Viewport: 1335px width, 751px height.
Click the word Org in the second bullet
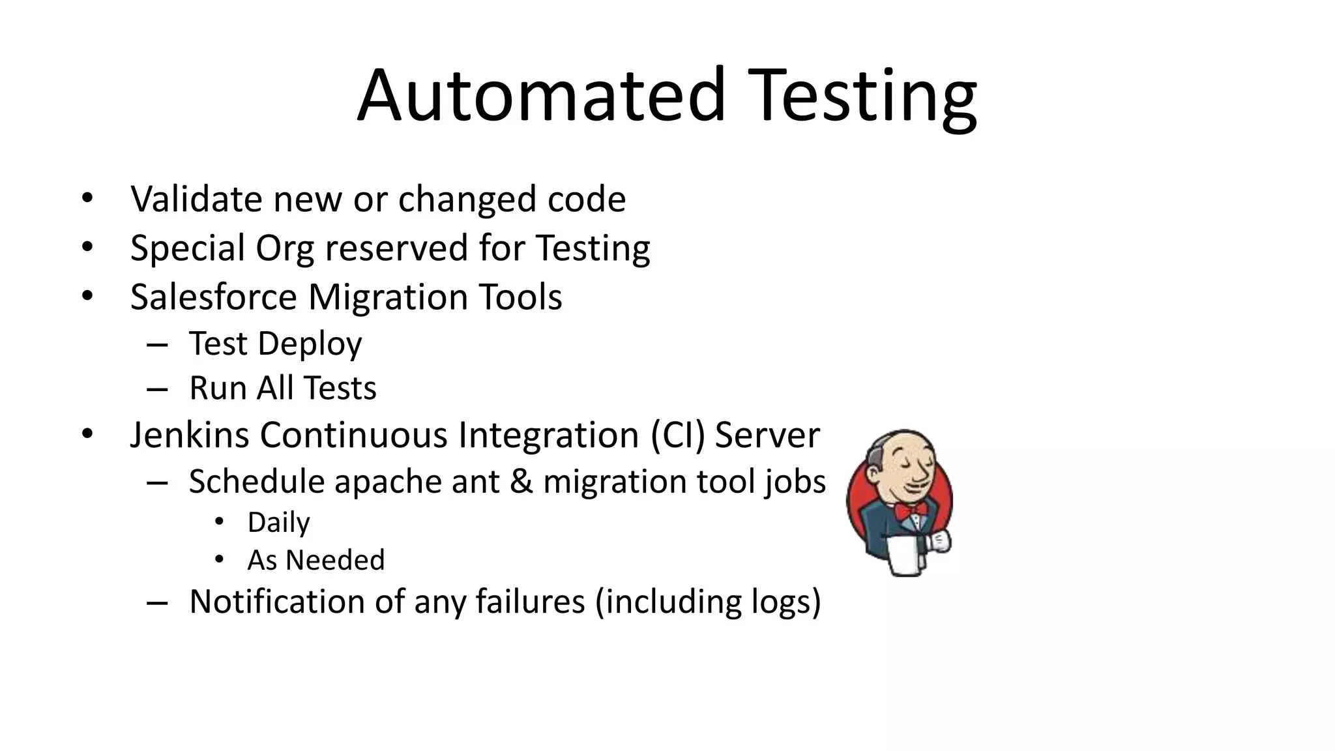tap(284, 249)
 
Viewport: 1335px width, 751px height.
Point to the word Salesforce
tap(214, 297)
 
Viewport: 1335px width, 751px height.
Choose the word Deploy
tap(310, 344)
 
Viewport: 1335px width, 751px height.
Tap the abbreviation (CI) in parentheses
tap(678, 435)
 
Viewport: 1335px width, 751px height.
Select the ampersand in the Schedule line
tap(520, 482)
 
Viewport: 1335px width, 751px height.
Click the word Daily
tap(278, 522)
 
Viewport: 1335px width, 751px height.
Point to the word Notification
tap(276, 601)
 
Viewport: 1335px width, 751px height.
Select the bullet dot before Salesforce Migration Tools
tap(87, 296)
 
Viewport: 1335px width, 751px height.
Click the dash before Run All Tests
tap(157, 389)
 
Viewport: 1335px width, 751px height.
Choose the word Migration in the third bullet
tap(388, 297)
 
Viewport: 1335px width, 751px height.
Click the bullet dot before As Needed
tap(219, 559)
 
